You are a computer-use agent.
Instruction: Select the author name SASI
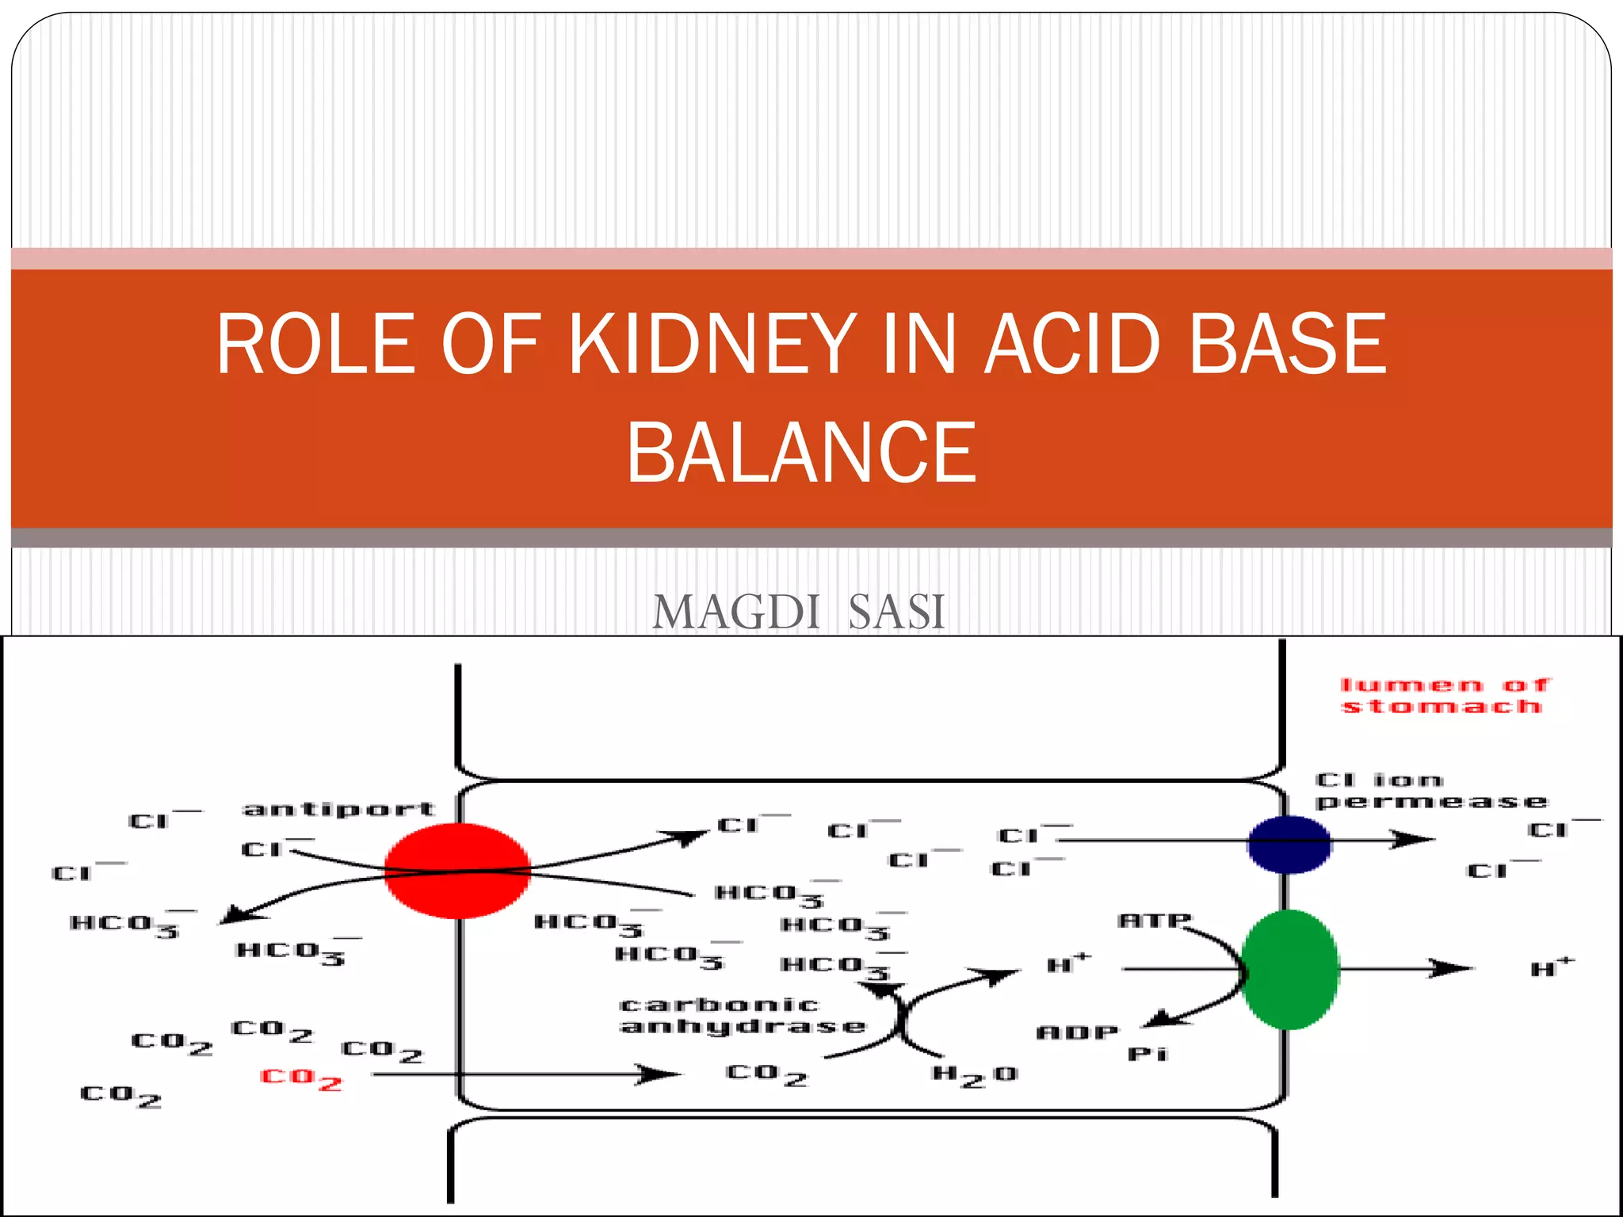pos(896,612)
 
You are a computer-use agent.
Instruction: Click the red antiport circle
pos(457,871)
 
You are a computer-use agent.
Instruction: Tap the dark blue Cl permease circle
pos(1289,845)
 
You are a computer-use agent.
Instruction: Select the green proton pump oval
pos(1289,969)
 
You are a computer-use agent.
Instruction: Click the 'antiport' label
pos(339,809)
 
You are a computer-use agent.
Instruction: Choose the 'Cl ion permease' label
pos(1430,791)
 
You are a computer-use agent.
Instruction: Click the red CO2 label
pos(301,1079)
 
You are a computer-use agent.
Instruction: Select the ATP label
pos(1154,921)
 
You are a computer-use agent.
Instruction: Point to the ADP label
pos(1077,1032)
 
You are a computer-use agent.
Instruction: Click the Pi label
pos(1148,1055)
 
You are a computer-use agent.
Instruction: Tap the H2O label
pos(975,1075)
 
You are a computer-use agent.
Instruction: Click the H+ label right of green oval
pos(1552,967)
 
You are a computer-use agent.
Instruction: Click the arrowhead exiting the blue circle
pos(1415,839)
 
